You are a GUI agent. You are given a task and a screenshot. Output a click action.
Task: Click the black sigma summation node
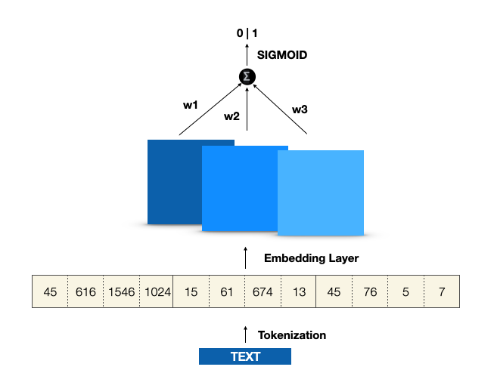click(x=247, y=77)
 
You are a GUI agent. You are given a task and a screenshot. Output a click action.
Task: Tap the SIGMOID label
click(x=282, y=55)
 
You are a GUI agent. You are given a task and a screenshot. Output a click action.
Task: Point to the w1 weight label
click(x=191, y=105)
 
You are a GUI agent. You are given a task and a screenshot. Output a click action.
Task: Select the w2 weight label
click(x=231, y=116)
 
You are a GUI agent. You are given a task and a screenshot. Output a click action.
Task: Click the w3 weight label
click(x=300, y=109)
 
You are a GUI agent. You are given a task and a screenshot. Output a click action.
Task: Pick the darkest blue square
click(x=175, y=182)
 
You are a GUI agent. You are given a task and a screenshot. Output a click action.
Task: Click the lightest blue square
click(x=321, y=193)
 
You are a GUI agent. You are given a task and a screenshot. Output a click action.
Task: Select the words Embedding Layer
click(x=311, y=258)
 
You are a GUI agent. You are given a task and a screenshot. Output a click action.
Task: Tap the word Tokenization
click(x=292, y=335)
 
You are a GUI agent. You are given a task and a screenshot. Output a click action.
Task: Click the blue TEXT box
click(x=245, y=356)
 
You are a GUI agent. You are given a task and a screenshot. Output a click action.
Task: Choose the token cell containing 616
click(x=85, y=291)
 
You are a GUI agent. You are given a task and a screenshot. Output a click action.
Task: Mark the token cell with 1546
click(x=121, y=291)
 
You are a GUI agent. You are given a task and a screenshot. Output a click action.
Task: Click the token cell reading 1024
click(x=157, y=291)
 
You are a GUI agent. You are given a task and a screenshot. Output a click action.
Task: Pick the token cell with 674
click(x=263, y=291)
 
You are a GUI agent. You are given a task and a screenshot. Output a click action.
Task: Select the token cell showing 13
click(x=298, y=291)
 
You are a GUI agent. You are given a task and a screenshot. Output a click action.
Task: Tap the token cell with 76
click(x=370, y=291)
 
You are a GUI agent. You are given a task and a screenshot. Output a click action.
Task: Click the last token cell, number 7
click(x=442, y=291)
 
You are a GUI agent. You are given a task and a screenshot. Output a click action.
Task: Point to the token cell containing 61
click(x=226, y=291)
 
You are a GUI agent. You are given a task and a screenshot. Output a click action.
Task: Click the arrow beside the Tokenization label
click(x=245, y=334)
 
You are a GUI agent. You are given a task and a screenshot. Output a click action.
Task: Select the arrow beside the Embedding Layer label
click(x=245, y=258)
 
